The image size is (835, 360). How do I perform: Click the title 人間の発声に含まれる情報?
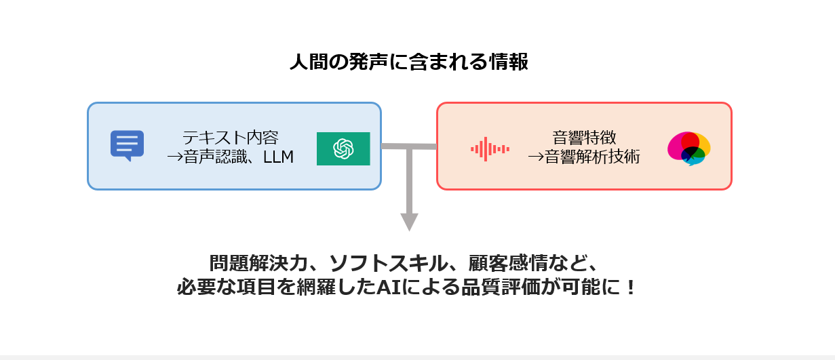tap(408, 62)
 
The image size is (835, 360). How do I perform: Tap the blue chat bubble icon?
tap(127, 145)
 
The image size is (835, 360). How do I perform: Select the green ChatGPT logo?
tap(343, 148)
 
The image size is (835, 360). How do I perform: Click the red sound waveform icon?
tap(490, 148)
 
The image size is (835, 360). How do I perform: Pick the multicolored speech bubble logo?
tap(688, 148)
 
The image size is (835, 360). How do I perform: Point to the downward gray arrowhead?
tap(409, 222)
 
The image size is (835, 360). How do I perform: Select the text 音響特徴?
tap(584, 138)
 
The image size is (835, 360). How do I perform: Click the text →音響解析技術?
tap(583, 158)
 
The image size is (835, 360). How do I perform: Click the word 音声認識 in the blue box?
tap(211, 158)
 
